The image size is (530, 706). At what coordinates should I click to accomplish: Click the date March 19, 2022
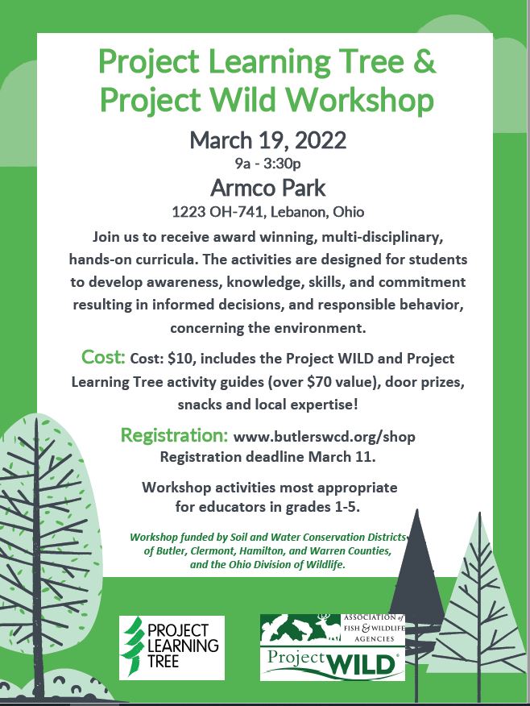coord(267,140)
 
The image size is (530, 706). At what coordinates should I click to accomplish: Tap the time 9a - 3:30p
coord(267,165)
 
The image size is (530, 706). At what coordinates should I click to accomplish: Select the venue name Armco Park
coord(267,189)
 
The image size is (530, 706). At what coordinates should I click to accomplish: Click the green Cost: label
coord(102,357)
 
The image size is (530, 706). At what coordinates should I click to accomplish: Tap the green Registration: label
coord(174,436)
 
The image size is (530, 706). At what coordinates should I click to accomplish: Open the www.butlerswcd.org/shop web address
coord(324,438)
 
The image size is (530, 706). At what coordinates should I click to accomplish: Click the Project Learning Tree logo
coord(172,647)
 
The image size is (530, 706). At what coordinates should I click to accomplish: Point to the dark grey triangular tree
coord(416,564)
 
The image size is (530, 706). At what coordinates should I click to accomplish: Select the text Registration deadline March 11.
coord(267,457)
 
